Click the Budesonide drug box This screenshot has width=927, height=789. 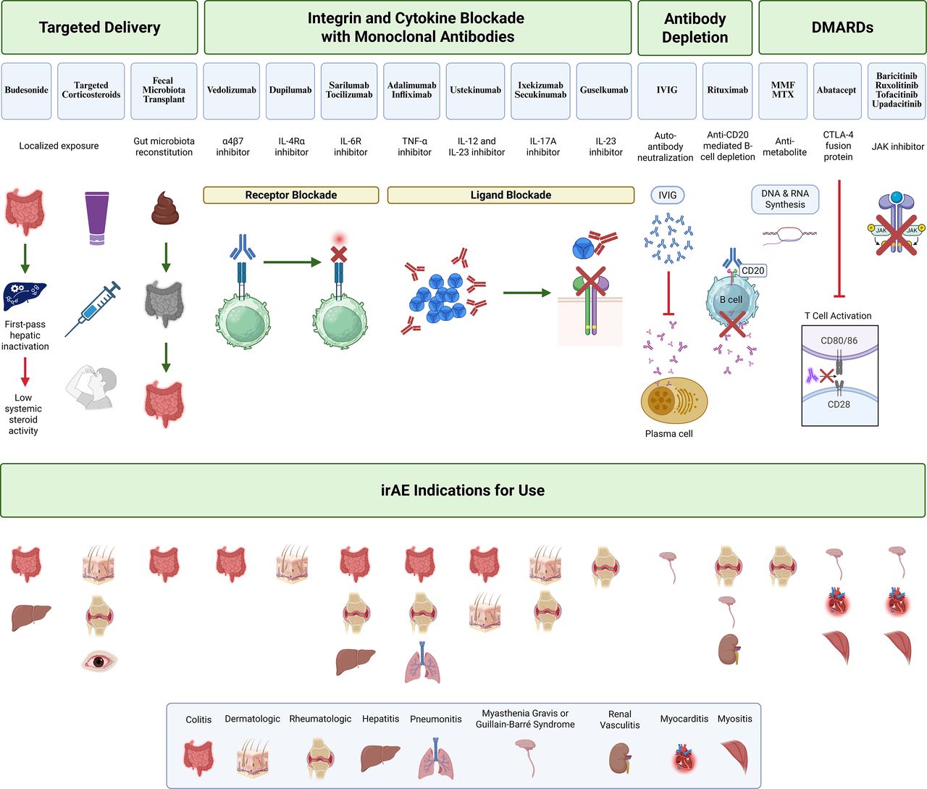[27, 91]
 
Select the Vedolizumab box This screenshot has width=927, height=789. [232, 91]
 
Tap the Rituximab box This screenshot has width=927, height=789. [727, 91]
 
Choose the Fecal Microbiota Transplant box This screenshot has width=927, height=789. [164, 91]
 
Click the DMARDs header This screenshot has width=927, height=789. [842, 28]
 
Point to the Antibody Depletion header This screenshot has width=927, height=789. [695, 28]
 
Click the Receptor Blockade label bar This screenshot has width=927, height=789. [291, 195]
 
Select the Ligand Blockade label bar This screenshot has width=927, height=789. [511, 195]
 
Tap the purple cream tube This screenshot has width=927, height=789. [97, 218]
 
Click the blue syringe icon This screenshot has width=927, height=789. [93, 309]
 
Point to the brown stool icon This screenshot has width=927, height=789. [165, 208]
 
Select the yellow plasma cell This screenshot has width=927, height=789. [674, 401]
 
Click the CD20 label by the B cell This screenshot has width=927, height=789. [753, 270]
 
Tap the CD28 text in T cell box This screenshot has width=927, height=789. [839, 404]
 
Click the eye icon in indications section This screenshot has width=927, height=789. [99, 660]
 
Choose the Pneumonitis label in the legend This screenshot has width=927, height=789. [435, 719]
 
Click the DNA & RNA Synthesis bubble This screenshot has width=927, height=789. [785, 199]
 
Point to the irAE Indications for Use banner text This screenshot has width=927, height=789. [463, 490]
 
